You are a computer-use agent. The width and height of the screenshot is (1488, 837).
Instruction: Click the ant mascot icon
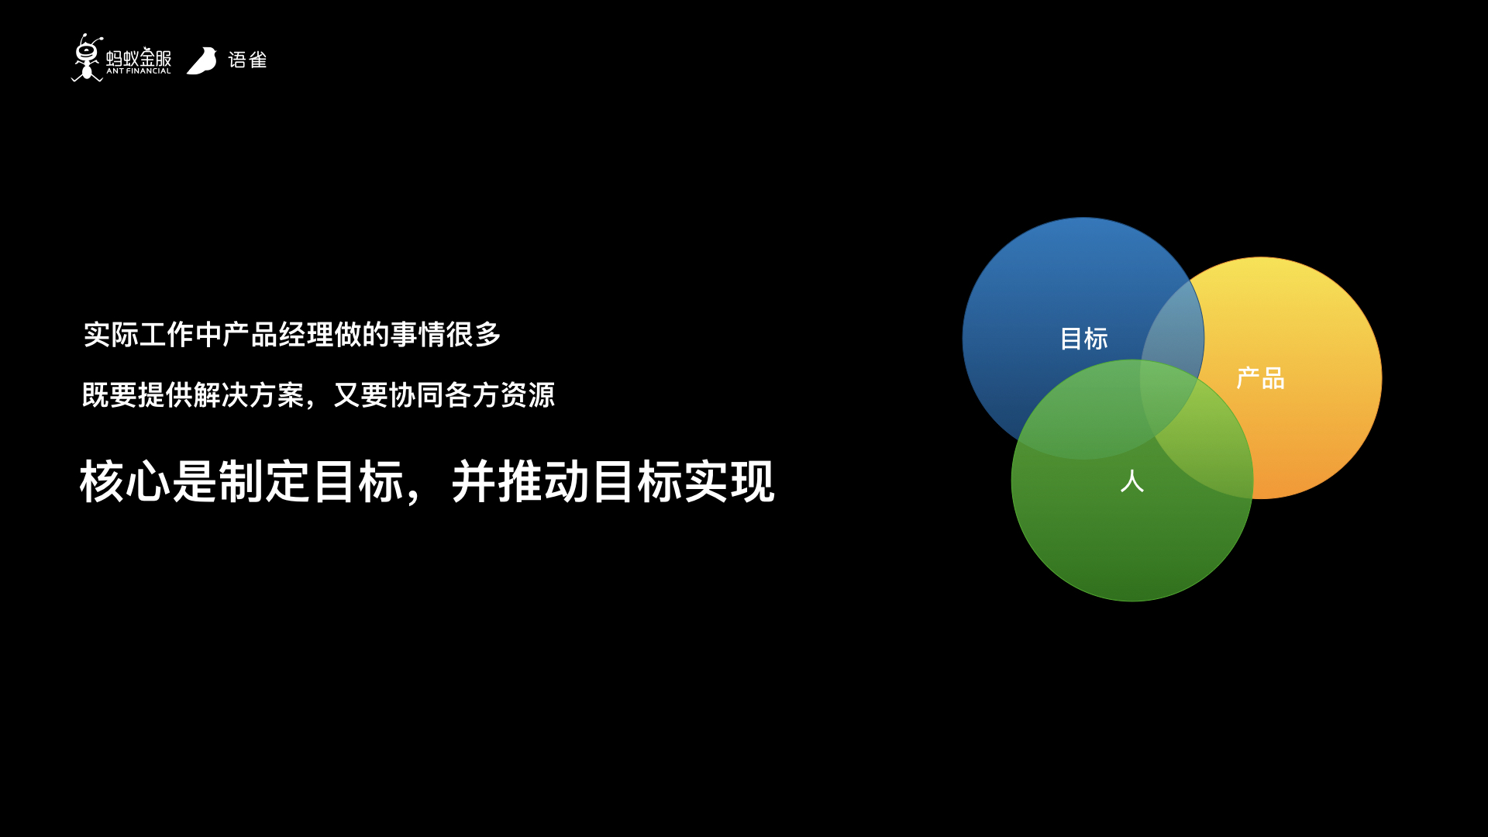tap(87, 57)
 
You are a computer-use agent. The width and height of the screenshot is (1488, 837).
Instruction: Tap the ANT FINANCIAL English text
tap(139, 71)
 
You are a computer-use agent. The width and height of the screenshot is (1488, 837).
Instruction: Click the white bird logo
tap(202, 60)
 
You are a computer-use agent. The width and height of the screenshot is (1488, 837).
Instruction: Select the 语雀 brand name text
tap(247, 60)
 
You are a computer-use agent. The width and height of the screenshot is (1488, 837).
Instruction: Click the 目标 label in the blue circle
tap(1083, 339)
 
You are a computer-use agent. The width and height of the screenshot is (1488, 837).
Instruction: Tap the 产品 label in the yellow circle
tap(1260, 378)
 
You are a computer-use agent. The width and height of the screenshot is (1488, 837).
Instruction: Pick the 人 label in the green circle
tap(1132, 481)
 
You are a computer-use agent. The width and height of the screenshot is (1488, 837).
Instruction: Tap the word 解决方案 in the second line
tap(249, 395)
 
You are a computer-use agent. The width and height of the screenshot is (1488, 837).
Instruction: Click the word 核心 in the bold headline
tap(125, 481)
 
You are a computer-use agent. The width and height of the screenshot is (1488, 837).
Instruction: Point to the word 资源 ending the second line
tap(528, 395)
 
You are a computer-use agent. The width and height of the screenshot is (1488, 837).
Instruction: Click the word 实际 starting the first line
tap(111, 335)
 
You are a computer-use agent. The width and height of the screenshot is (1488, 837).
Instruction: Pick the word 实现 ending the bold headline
tap(729, 481)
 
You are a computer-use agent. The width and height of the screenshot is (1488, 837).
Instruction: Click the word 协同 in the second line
tap(416, 395)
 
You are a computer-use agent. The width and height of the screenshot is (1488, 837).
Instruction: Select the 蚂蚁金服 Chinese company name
tap(139, 57)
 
